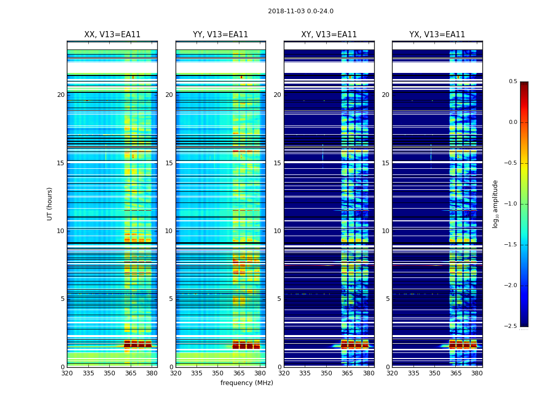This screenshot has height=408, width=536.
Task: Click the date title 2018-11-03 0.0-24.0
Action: (x=301, y=11)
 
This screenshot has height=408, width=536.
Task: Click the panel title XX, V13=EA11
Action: (x=112, y=35)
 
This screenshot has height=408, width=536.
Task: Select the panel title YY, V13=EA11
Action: (x=221, y=35)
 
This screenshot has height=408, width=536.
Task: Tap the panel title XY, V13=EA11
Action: (x=329, y=35)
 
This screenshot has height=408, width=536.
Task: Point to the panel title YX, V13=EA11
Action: (x=437, y=35)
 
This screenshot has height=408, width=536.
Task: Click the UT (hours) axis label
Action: (x=50, y=203)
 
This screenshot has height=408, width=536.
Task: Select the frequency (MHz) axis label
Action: (x=247, y=383)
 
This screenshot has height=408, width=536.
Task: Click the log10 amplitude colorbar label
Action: (x=495, y=203)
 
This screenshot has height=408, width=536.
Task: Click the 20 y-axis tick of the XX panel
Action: (x=61, y=95)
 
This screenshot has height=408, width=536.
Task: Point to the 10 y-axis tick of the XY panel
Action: (x=277, y=231)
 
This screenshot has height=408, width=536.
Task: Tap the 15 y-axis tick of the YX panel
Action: (x=385, y=163)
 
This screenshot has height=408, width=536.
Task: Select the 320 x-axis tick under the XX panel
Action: (x=67, y=373)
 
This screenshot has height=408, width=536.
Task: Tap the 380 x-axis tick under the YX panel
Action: (x=477, y=373)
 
